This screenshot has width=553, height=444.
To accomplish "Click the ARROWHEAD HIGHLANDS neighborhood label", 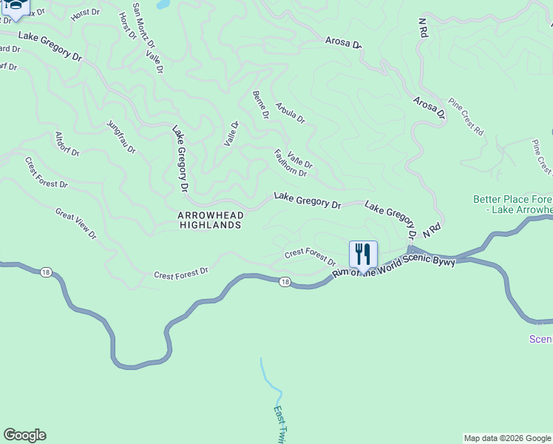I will (209, 220).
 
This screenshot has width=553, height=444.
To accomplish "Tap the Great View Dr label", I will (76, 223).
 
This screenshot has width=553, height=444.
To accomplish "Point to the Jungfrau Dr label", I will (122, 137).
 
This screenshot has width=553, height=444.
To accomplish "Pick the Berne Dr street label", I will (260, 105).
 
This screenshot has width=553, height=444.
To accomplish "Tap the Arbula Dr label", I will (290, 112).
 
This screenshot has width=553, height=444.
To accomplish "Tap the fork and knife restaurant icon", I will (363, 254).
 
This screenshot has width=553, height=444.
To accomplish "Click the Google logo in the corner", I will (24, 435).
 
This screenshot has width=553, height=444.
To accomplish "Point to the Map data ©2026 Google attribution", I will (507, 438).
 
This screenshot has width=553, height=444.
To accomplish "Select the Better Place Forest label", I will (513, 204).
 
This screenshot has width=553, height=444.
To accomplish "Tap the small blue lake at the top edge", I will (163, 4).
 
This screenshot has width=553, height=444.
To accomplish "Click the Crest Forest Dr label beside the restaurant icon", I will (310, 257).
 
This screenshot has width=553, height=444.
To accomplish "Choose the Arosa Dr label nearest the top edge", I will (344, 43).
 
